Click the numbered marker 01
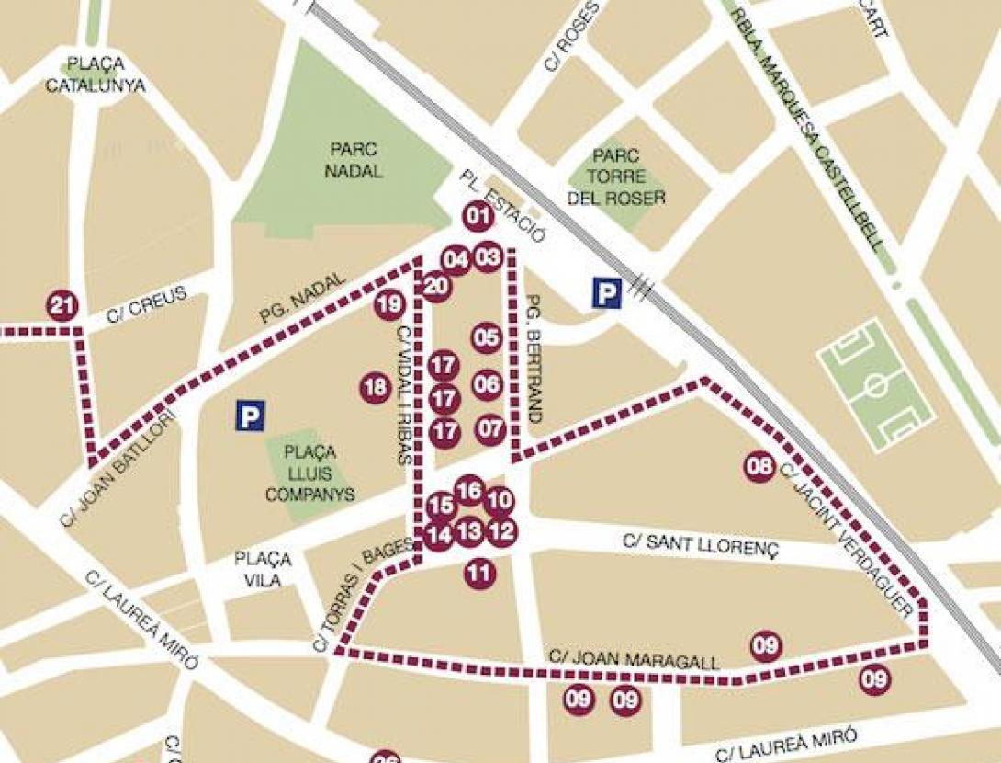click(x=477, y=218)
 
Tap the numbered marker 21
click(x=62, y=306)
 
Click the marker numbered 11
click(x=478, y=574)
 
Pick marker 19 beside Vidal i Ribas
click(x=389, y=304)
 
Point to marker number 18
click(x=375, y=388)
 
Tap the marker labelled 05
click(x=487, y=338)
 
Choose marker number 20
click(x=436, y=287)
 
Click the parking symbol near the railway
click(x=605, y=293)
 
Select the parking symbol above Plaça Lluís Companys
click(x=250, y=417)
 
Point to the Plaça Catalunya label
click(x=104, y=76)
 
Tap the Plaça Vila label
click(x=263, y=568)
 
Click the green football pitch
click(x=875, y=386)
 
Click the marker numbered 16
click(x=469, y=492)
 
